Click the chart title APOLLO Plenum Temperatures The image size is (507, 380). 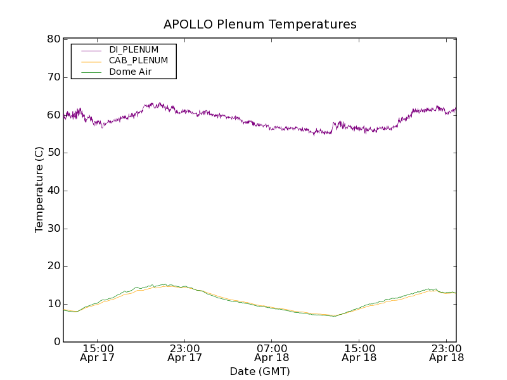[260, 25]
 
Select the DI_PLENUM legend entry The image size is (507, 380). [134, 49]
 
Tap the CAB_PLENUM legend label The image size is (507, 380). [138, 61]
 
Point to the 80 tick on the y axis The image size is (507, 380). [53, 39]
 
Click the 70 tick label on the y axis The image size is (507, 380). [53, 77]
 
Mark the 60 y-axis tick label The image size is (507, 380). [53, 115]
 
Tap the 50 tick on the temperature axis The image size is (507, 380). [53, 153]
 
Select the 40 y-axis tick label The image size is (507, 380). [53, 191]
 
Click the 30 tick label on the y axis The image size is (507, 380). [53, 229]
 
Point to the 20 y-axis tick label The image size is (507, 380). [53, 266]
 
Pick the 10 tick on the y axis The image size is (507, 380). [53, 304]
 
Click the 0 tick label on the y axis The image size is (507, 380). [56, 342]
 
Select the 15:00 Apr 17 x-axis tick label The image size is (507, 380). [98, 353]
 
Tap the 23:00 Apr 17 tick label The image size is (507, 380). [185, 353]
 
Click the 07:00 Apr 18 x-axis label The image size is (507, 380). [272, 353]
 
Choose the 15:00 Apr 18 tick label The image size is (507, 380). [359, 353]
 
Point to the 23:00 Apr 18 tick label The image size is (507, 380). [447, 353]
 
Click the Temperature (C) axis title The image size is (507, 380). [39, 191]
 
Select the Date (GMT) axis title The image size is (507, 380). [260, 372]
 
